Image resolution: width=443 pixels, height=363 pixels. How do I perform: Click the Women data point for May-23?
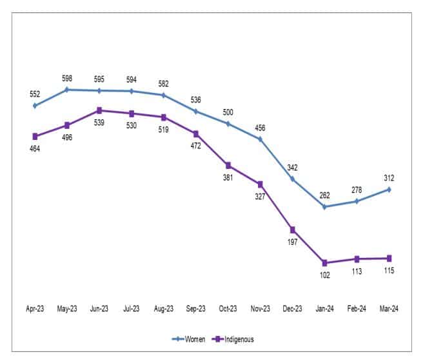coord(67,90)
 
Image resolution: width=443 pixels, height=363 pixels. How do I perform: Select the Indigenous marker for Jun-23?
coord(99,110)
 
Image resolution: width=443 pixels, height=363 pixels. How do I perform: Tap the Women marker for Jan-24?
coord(324,207)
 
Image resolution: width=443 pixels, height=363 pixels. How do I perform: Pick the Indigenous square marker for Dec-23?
coord(293,230)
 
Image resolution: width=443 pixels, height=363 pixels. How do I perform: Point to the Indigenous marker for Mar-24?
coord(389,258)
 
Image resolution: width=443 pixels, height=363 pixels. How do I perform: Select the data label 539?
coord(99,122)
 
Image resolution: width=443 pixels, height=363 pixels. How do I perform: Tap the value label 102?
coord(324,275)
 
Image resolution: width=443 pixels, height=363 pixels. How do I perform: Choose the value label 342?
coord(293,167)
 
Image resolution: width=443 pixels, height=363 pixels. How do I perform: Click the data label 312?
coord(389,178)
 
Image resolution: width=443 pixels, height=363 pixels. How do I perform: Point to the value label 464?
coord(35,149)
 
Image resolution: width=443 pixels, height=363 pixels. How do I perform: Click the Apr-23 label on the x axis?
coord(35,309)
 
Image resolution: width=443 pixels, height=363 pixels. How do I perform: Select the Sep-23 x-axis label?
coord(196,309)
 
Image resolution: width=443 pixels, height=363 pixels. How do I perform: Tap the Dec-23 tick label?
coord(293,309)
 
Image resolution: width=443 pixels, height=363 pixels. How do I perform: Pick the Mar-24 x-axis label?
coord(389,309)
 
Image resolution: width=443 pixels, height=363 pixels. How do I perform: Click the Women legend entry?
coord(189,339)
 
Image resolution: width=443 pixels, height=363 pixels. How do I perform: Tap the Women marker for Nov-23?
coord(261,139)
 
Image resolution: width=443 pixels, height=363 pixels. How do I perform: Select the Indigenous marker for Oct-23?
coord(228,165)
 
